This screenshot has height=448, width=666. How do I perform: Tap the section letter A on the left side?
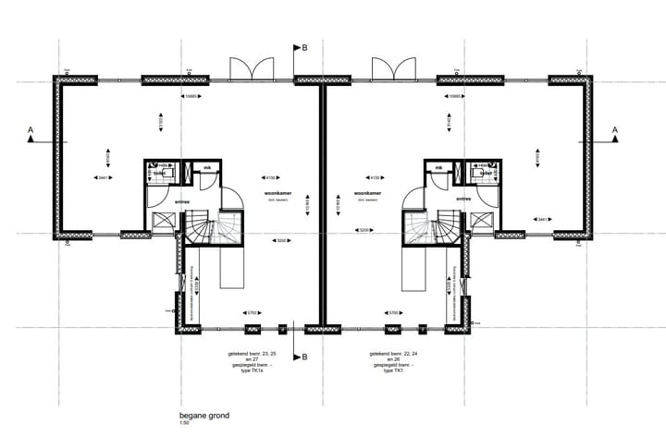click(x=31, y=130)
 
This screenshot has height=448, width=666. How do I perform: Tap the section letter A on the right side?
click(x=613, y=130)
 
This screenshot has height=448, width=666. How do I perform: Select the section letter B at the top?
click(x=304, y=48)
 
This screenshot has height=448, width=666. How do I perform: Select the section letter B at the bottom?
click(x=304, y=357)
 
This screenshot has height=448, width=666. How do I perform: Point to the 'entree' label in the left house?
click(x=182, y=198)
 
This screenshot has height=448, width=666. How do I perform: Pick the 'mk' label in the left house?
click(x=208, y=167)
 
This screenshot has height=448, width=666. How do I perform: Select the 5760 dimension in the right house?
click(x=393, y=313)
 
